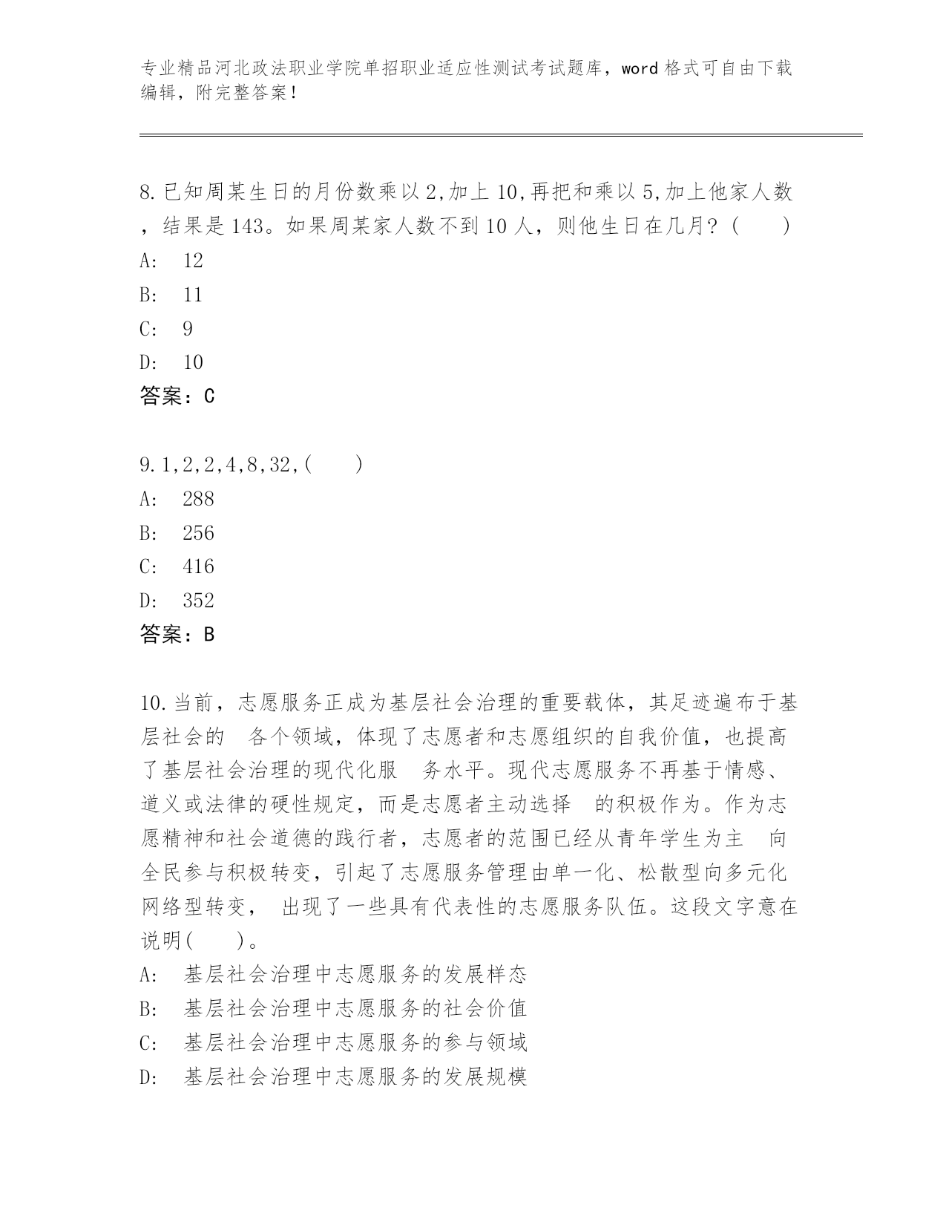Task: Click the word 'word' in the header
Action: click(640, 69)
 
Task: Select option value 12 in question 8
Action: click(192, 260)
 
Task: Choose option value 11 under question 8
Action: click(192, 294)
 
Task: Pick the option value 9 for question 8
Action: click(188, 328)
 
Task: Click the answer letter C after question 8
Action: click(208, 396)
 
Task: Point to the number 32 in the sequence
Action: click(280, 465)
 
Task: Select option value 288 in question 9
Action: click(198, 499)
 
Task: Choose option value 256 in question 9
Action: click(198, 533)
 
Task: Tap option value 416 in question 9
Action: click(198, 567)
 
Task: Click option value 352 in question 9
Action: click(198, 601)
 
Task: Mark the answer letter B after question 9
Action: click(208, 635)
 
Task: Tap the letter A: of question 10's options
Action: click(148, 974)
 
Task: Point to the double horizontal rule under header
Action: click(501, 134)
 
